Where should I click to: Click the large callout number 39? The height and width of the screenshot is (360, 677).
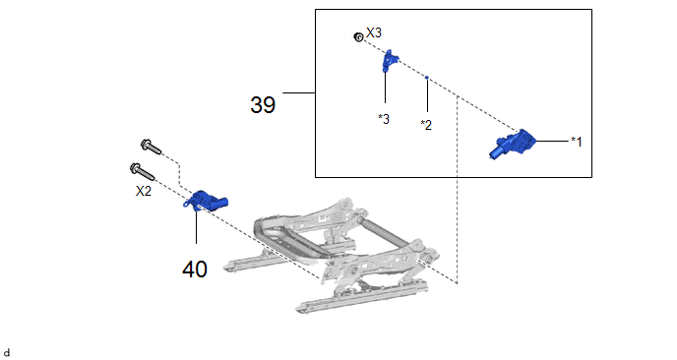(263, 105)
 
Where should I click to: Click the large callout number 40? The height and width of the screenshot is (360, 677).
(195, 270)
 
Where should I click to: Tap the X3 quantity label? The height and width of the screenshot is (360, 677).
(374, 32)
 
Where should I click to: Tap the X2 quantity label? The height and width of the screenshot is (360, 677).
(144, 191)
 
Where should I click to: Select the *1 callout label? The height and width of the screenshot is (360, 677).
(577, 142)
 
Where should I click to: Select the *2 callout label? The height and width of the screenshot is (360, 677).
(426, 125)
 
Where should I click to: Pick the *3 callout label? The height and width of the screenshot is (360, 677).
(384, 119)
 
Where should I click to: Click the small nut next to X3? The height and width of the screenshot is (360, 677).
(358, 37)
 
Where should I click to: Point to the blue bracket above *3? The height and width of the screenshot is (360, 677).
(390, 60)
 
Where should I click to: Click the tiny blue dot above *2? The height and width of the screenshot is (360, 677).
(427, 78)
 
